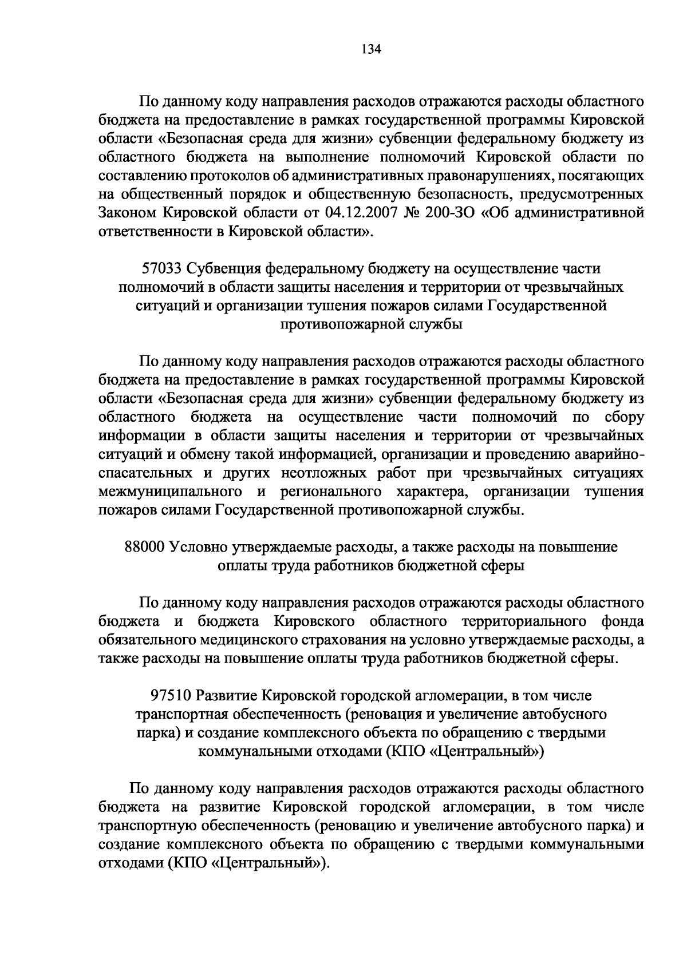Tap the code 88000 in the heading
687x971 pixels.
pyautogui.click(x=144, y=546)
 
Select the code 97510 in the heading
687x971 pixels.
pyautogui.click(x=170, y=696)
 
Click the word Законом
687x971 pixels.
pyautogui.click(x=127, y=213)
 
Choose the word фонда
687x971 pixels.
pyautogui.click(x=623, y=621)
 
